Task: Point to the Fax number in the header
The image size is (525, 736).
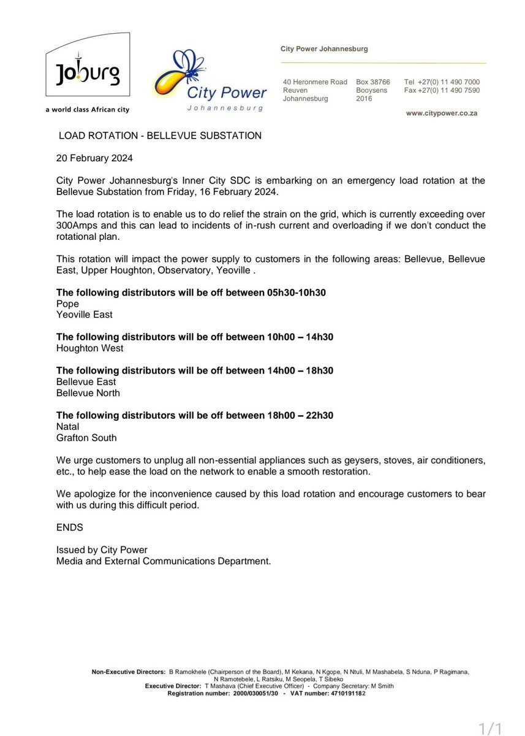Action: point(450,90)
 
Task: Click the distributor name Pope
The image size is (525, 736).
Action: point(67,304)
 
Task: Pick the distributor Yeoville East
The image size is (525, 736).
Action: point(85,315)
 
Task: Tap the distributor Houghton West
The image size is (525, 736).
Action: point(89,348)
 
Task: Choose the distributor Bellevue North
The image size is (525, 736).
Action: point(88,393)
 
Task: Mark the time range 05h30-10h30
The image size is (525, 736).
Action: point(296,293)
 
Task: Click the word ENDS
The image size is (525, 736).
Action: point(69,527)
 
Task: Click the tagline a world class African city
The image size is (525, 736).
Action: point(88,110)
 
